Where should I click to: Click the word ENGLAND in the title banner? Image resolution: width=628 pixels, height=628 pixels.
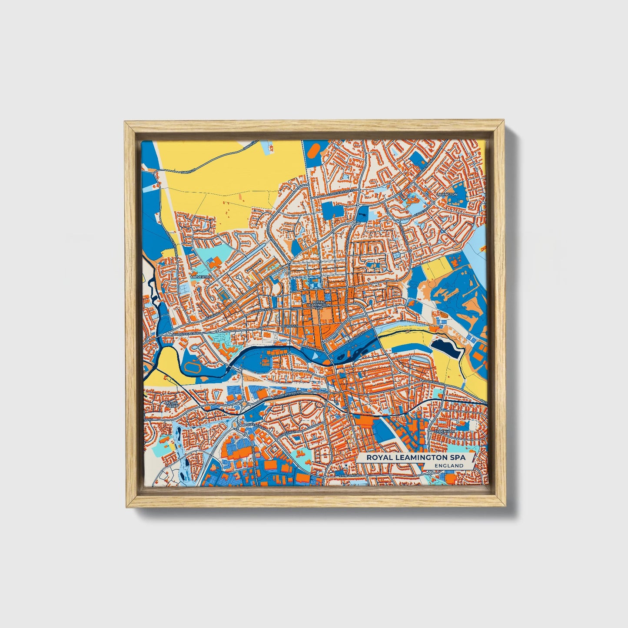(448, 465)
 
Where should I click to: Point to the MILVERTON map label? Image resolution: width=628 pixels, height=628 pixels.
(201, 276)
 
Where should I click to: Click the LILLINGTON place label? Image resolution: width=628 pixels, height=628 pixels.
(447, 194)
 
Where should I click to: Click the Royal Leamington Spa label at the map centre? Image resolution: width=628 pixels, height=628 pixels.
(319, 304)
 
